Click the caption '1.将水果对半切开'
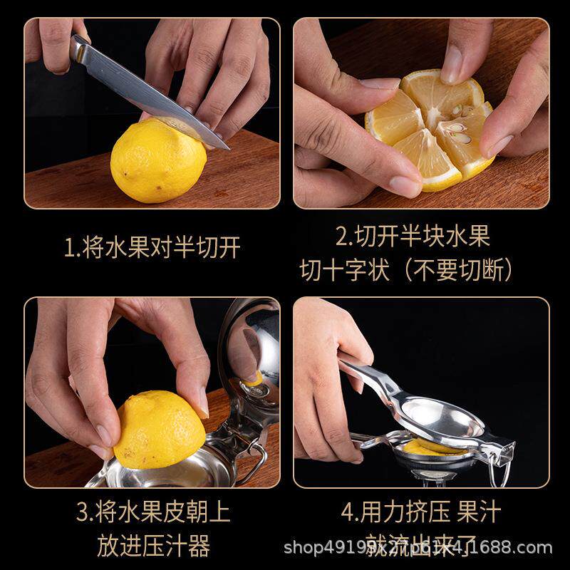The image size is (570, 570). tap(152, 247)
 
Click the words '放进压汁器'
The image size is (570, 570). tap(152, 546)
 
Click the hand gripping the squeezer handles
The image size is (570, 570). tap(328, 385)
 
